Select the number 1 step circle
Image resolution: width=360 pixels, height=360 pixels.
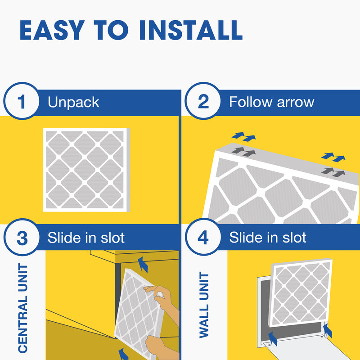[22, 102]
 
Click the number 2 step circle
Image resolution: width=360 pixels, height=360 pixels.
[203, 102]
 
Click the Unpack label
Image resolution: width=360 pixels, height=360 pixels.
[73, 102]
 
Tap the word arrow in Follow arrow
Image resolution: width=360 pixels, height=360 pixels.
[293, 102]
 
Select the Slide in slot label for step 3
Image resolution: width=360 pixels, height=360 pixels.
[86, 238]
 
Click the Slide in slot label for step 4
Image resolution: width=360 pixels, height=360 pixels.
[268, 238]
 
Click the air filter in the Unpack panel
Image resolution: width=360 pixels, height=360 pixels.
[85, 170]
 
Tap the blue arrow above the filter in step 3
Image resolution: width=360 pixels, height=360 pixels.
[143, 264]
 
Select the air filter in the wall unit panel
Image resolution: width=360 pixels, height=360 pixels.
[301, 292]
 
